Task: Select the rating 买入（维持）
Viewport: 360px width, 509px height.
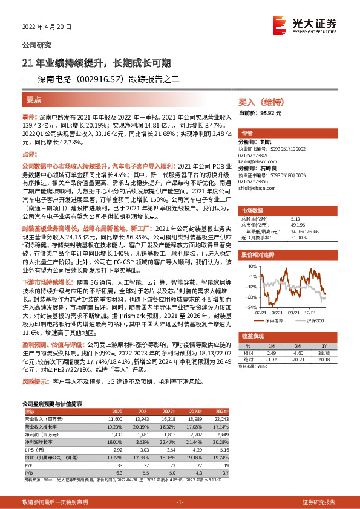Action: (x=260, y=103)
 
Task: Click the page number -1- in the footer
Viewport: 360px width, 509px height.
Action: (x=180, y=502)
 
